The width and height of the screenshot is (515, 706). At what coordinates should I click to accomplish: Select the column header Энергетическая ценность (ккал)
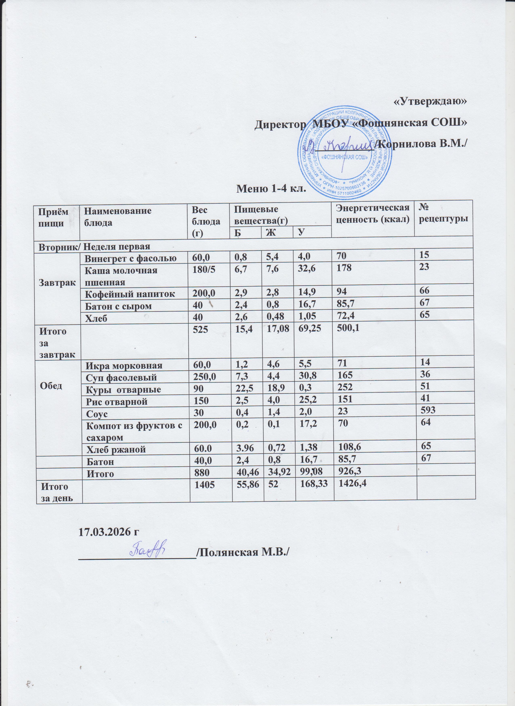[372, 214]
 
